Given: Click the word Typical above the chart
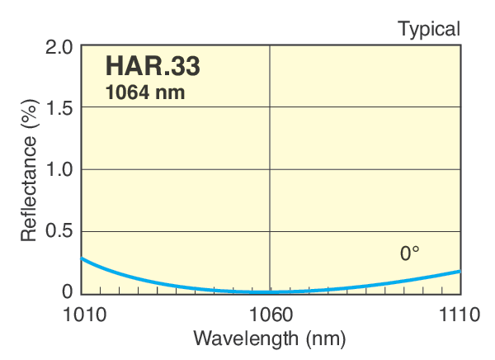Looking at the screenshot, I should (429, 30).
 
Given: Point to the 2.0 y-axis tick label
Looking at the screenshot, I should (59, 46).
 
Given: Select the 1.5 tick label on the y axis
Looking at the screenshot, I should (59, 108).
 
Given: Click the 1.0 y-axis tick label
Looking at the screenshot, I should (59, 169).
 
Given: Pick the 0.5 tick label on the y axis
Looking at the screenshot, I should (59, 231).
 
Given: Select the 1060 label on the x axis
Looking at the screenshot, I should (271, 315).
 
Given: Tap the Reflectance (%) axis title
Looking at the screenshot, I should (29, 170).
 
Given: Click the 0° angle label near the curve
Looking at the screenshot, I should (410, 254).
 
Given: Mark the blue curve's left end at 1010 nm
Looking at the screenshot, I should (82, 258).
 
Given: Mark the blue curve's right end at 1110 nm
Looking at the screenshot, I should (460, 272).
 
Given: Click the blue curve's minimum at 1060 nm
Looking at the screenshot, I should (271, 291).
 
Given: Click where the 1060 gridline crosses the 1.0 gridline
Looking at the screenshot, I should (271, 169).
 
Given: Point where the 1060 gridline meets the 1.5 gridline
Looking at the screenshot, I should (271, 108).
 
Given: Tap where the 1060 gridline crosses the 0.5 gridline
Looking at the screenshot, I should (271, 231).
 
